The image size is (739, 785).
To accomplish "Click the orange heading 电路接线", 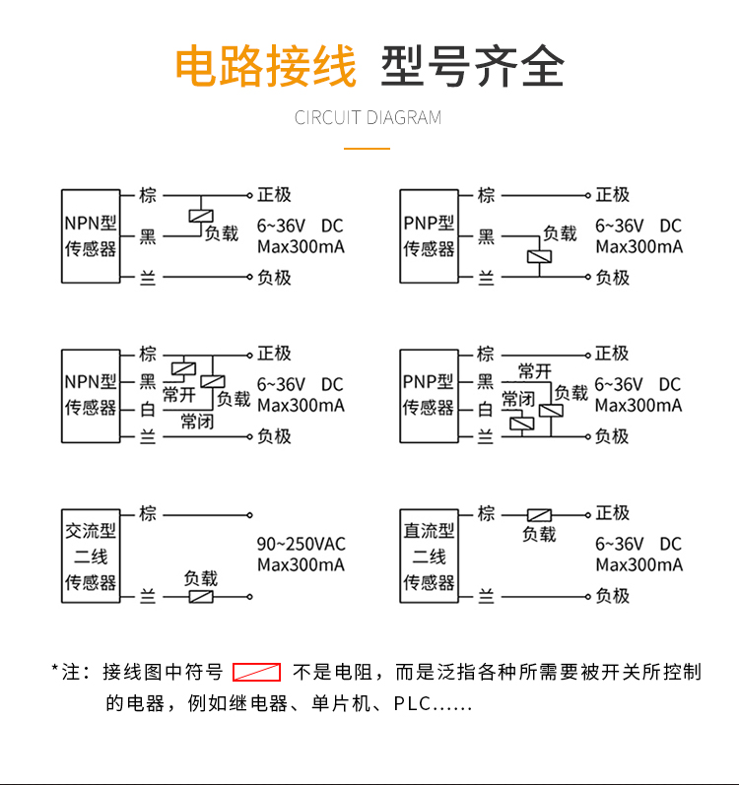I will click(x=265, y=67).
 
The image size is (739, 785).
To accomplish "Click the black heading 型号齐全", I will click(x=473, y=67).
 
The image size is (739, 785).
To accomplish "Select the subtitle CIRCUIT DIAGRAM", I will click(x=369, y=118).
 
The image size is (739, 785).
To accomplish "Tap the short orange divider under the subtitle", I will click(x=368, y=149).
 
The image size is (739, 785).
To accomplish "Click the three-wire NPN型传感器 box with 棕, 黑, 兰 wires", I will click(x=91, y=236).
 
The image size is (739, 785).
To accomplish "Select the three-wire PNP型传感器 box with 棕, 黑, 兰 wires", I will click(x=429, y=236).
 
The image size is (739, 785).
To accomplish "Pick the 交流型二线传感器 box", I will click(x=91, y=556).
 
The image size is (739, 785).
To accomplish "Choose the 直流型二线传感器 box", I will click(x=429, y=556).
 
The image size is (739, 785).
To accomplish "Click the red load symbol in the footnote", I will click(x=257, y=673).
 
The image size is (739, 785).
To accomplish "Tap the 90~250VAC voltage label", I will click(x=302, y=544).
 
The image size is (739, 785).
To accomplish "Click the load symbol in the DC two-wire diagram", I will click(x=539, y=514).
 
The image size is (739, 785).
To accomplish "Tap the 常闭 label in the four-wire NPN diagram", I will click(x=197, y=423).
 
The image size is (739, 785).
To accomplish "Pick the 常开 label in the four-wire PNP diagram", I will click(x=535, y=371).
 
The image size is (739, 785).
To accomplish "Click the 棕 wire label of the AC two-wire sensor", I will click(x=148, y=513).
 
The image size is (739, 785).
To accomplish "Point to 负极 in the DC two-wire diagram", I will click(x=612, y=596).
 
